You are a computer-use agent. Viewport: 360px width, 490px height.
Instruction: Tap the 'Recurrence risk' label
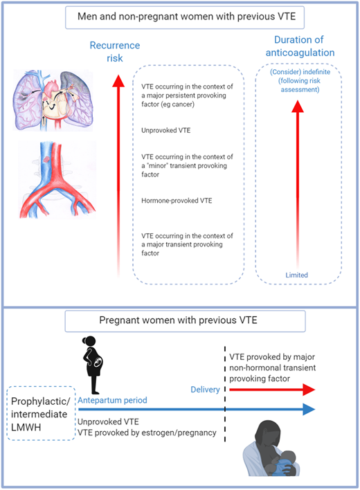114,53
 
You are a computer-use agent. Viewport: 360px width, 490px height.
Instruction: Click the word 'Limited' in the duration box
297,275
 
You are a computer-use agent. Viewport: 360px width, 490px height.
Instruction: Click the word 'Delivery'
205,390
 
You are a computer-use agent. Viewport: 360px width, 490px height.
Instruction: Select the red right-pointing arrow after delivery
270,390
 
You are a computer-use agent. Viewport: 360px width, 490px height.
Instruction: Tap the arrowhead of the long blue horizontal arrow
308,410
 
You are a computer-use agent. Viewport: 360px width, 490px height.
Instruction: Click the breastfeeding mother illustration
272,451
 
